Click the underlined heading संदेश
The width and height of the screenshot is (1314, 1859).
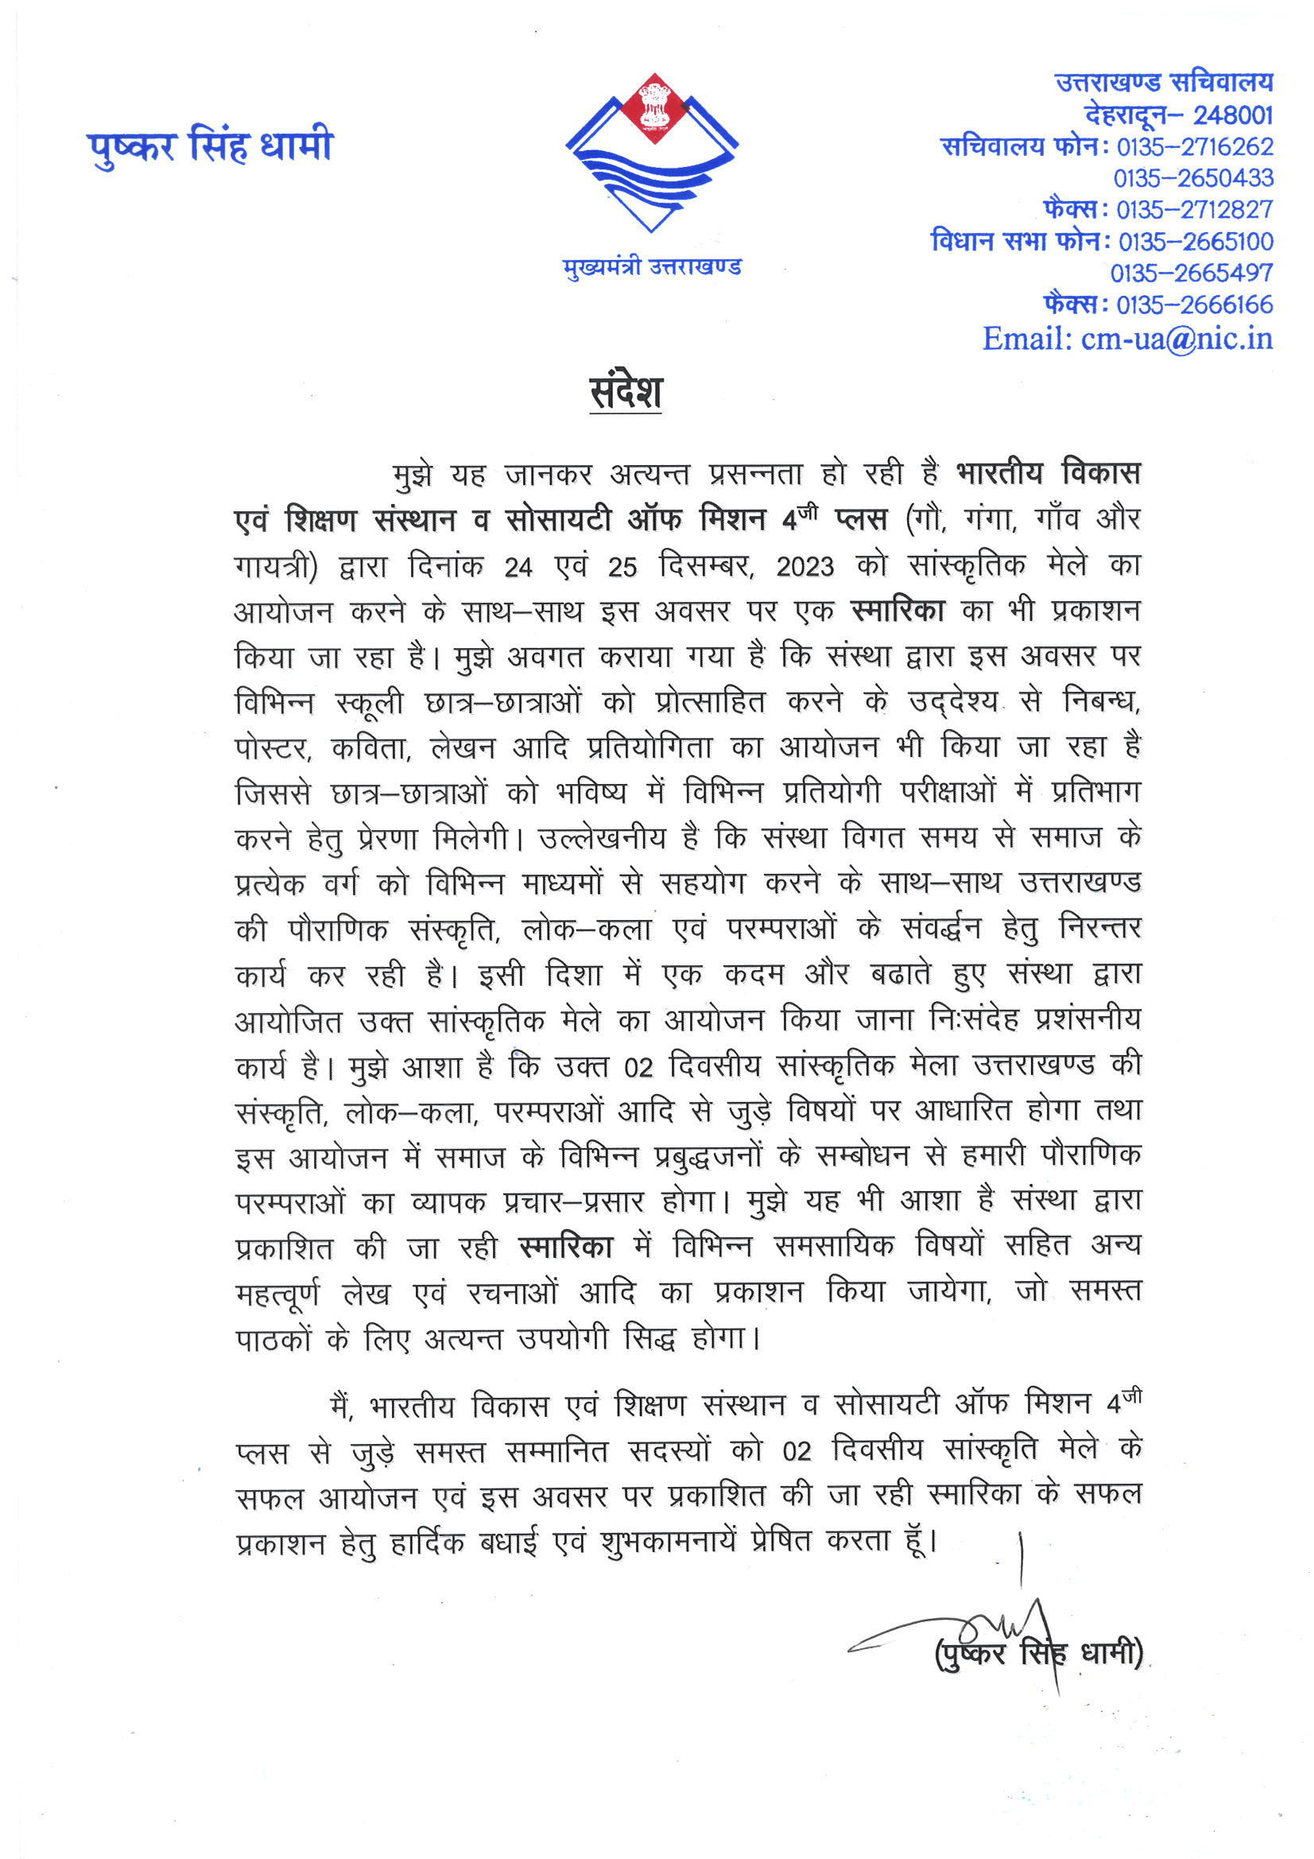click(625, 392)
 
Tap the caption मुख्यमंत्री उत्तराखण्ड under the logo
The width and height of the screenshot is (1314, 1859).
click(652, 266)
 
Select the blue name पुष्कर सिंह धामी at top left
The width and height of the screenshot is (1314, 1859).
click(210, 146)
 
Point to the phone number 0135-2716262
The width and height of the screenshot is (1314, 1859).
click(1194, 146)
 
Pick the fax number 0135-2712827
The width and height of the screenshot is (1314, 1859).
click(1194, 210)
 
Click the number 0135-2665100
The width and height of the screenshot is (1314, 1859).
click(1196, 241)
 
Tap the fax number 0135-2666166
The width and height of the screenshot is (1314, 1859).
click(1194, 305)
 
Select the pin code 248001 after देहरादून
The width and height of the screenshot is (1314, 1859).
click(1232, 115)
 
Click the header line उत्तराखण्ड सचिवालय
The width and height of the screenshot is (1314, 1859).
click(1164, 82)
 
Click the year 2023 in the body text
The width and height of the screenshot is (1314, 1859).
click(804, 567)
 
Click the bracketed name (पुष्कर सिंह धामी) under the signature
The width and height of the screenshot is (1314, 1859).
click(1039, 1653)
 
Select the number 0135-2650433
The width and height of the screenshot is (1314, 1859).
click(1192, 178)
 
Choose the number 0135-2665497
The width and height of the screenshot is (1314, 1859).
click(1191, 273)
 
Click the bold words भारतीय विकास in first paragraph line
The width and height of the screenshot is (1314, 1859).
click(1048, 472)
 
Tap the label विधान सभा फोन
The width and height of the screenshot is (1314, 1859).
click(1015, 241)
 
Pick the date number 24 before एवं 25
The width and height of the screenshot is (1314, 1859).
click(517, 567)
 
